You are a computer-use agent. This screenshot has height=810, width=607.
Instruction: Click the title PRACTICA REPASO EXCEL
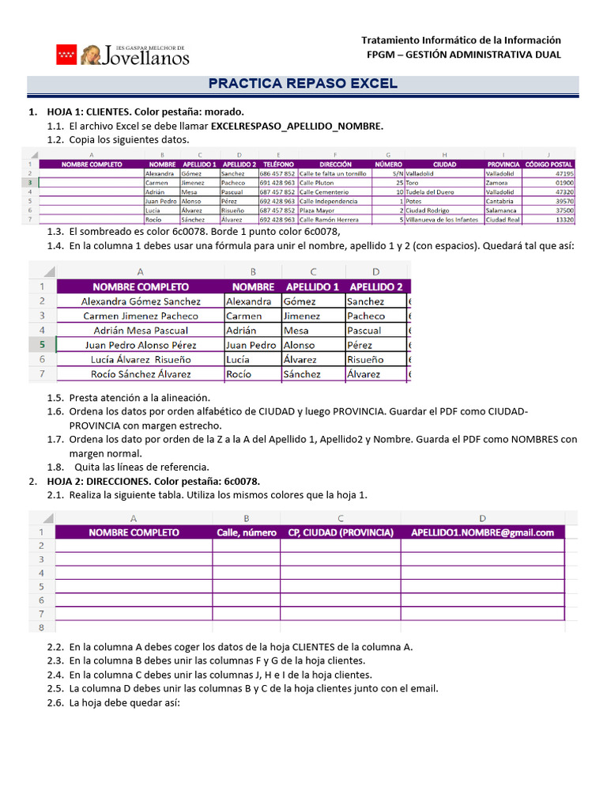[x=303, y=84]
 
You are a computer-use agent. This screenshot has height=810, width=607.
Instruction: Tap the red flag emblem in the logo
[x=66, y=55]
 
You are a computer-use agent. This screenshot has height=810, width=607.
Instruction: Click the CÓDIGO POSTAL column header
[x=549, y=165]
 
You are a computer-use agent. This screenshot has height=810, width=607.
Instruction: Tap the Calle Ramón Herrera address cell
[x=329, y=220]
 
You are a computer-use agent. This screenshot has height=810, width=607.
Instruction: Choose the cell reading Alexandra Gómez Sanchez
[x=141, y=301]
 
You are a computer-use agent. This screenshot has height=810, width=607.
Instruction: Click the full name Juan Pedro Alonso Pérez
[x=141, y=345]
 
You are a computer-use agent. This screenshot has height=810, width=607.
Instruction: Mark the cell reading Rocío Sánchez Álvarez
[x=141, y=374]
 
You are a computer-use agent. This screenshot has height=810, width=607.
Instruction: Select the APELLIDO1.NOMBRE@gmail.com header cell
[x=482, y=532]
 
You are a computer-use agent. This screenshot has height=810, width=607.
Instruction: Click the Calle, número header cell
[x=247, y=532]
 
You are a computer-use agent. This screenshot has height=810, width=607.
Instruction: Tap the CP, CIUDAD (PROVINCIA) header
[x=340, y=532]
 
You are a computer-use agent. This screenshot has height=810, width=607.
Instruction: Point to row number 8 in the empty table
[x=40, y=627]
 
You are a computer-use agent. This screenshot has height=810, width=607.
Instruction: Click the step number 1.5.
[x=55, y=398]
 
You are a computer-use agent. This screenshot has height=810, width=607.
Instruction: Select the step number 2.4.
[x=55, y=675]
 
